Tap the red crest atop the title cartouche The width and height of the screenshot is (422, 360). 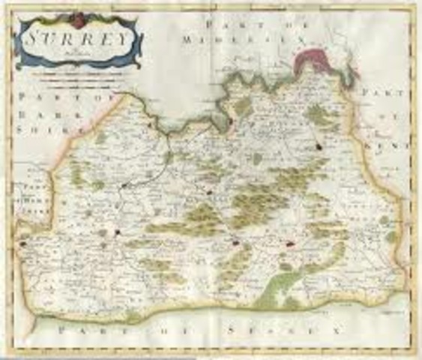tap(76, 17)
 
